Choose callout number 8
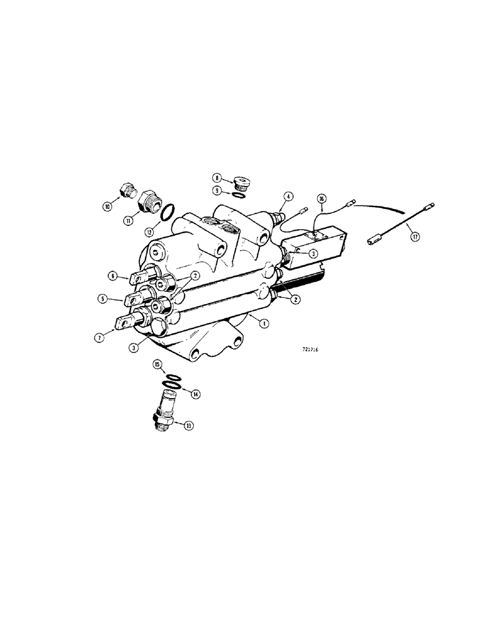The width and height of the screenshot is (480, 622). [x=218, y=177]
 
